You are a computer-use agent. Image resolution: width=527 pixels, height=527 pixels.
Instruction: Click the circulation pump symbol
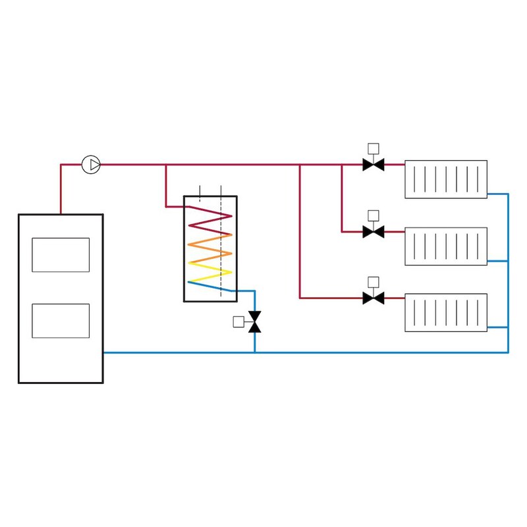[x=91, y=165]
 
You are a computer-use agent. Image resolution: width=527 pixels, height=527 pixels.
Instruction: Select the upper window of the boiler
[x=61, y=255]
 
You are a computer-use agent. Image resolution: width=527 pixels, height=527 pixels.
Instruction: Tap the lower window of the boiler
[x=61, y=321]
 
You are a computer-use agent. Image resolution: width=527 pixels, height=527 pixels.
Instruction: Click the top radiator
[x=446, y=179]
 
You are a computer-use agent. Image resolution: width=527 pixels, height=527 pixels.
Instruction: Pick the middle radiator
[x=446, y=246]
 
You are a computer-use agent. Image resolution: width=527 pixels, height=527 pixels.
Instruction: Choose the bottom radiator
[x=446, y=312]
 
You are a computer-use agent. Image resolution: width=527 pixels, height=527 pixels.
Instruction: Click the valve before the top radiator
[x=374, y=165]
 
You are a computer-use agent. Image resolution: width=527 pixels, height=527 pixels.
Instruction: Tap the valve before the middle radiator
[x=374, y=232]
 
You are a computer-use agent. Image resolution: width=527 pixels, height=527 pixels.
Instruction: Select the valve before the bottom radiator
[x=374, y=298]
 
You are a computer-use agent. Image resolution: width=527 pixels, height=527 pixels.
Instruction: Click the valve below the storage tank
[x=255, y=321]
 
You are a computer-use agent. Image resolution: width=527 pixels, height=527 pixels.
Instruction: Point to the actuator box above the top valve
[x=374, y=148]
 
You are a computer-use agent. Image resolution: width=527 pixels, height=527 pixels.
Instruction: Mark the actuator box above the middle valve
[x=374, y=215]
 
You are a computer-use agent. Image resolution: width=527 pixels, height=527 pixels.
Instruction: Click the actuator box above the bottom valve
[x=374, y=282]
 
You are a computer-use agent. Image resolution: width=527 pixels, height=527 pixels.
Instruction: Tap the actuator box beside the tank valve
[x=238, y=321]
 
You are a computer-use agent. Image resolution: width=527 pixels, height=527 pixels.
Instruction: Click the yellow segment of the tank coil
[x=211, y=267]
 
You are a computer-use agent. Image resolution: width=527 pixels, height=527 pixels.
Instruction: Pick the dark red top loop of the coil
[x=211, y=212]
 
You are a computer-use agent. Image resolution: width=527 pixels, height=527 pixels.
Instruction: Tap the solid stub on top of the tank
[x=200, y=192]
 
